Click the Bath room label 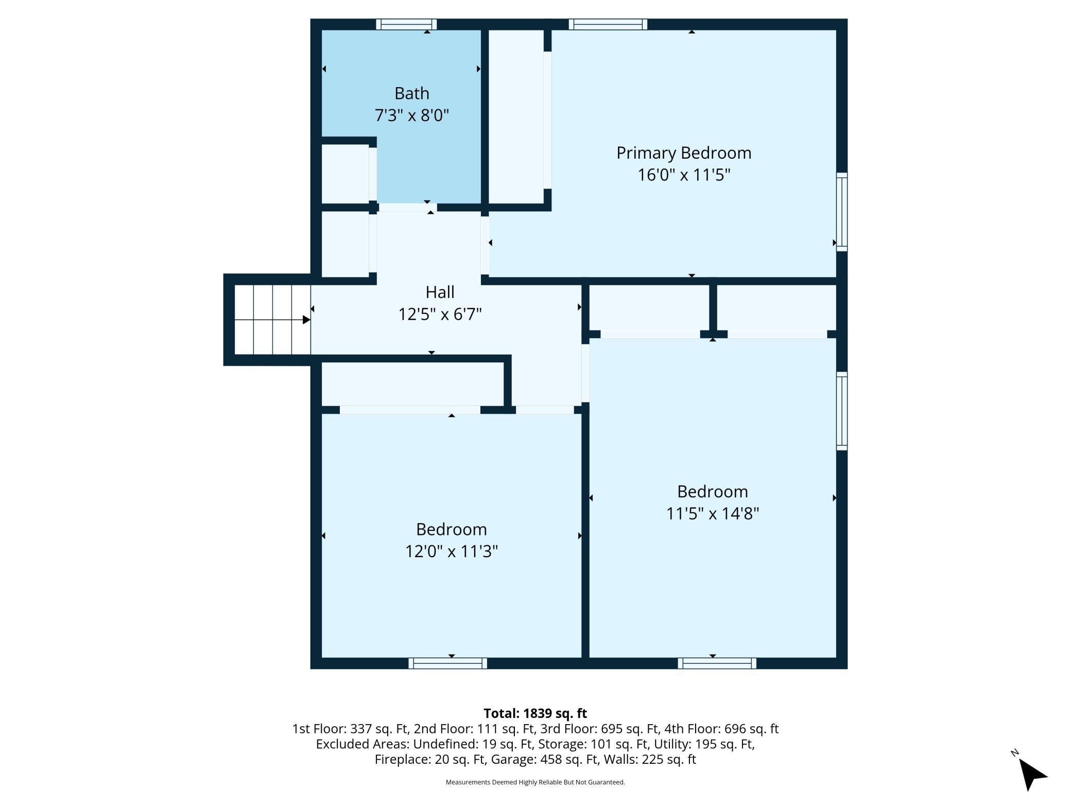coord(411,93)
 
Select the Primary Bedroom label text coord(684,153)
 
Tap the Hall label coord(440,292)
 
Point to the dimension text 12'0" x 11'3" coord(452,551)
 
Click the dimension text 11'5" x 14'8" coord(713,513)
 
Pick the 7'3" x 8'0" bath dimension coord(411,115)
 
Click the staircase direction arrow coord(272,320)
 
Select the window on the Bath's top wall coord(406,24)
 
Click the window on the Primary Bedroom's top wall coord(608,24)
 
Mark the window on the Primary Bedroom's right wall coord(841,212)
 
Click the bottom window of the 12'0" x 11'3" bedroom coord(447,663)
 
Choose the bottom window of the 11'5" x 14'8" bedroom coord(717,663)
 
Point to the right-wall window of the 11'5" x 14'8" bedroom coord(841,411)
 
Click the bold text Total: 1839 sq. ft coord(535,713)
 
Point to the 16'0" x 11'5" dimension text coord(684,175)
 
